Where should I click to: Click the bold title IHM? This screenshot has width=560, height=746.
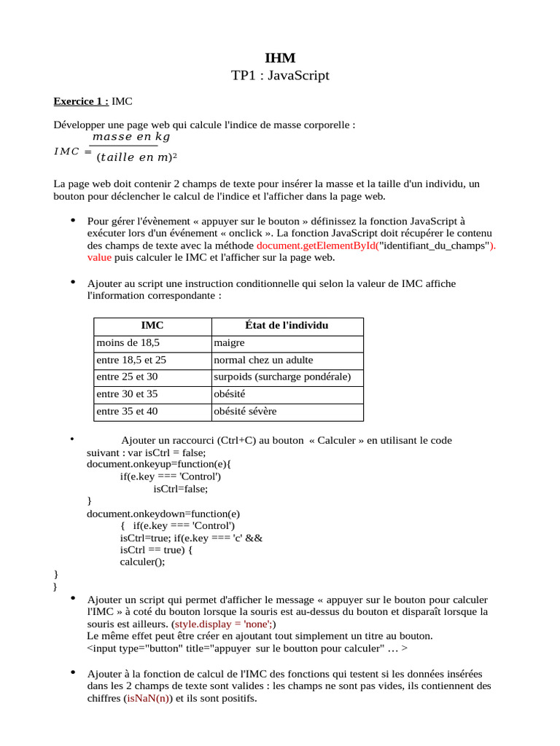coord(280,58)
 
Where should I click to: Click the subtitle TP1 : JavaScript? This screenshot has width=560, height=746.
coord(280,76)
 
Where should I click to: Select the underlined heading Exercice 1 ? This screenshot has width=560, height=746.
coord(82,101)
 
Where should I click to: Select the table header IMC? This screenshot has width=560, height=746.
coord(152,326)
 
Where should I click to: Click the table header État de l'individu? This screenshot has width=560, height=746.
coord(287,326)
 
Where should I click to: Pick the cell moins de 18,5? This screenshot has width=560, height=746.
coord(128,343)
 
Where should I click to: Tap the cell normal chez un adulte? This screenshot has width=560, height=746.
coord(263,360)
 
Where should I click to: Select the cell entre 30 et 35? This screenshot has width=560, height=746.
coord(127,394)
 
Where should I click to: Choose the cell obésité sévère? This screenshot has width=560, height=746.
coord(245,412)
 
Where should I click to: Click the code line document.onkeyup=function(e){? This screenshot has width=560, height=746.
coord(158,464)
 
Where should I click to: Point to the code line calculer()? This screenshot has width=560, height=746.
coord(143,562)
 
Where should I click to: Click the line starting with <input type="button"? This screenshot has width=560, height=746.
coord(247,648)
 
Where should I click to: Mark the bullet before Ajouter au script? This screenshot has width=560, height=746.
coord(73,282)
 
